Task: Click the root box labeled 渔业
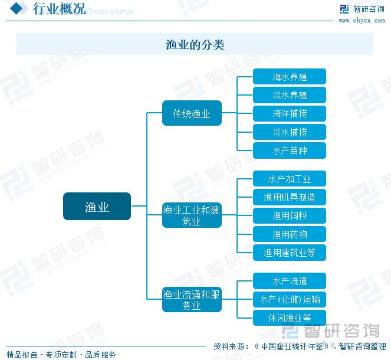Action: click(x=97, y=207)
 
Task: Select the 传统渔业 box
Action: click(x=192, y=113)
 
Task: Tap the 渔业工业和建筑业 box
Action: click(x=192, y=215)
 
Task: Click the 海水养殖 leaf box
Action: click(x=289, y=77)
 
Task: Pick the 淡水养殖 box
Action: click(x=289, y=95)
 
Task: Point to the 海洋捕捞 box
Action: click(x=289, y=113)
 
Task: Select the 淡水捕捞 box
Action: click(x=289, y=132)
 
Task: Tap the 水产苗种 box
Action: click(x=289, y=150)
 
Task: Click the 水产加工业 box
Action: click(x=289, y=179)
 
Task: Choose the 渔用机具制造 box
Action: click(x=289, y=197)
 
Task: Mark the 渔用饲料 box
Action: click(x=289, y=215)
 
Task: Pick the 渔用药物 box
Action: click(x=289, y=234)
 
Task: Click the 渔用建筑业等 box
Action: click(x=289, y=253)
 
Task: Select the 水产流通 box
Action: click(x=289, y=281)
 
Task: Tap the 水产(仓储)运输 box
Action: click(x=289, y=299)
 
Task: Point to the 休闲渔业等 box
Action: click(x=289, y=318)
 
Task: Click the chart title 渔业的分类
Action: click(x=195, y=45)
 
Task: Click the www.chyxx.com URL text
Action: click(x=362, y=21)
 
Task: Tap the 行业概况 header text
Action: click(x=59, y=9)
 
